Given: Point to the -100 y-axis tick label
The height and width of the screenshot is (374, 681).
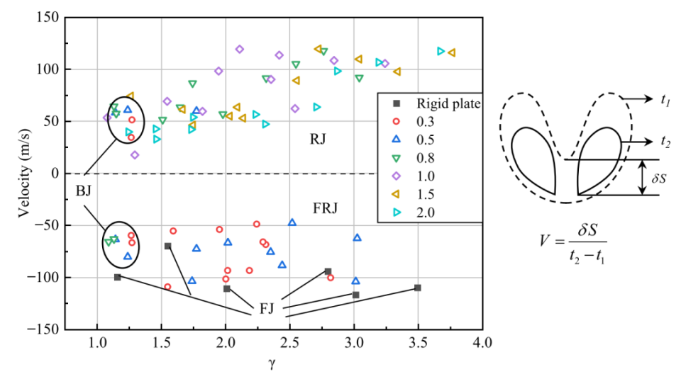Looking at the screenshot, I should point(44,277).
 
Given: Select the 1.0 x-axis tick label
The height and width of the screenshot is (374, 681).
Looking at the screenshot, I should point(97,342).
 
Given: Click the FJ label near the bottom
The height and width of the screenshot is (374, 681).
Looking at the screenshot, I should point(267,308).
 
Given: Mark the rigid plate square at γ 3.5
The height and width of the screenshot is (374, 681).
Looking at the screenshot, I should point(418,288).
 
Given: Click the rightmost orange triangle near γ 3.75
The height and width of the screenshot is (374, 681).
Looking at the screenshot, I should point(451,52).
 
